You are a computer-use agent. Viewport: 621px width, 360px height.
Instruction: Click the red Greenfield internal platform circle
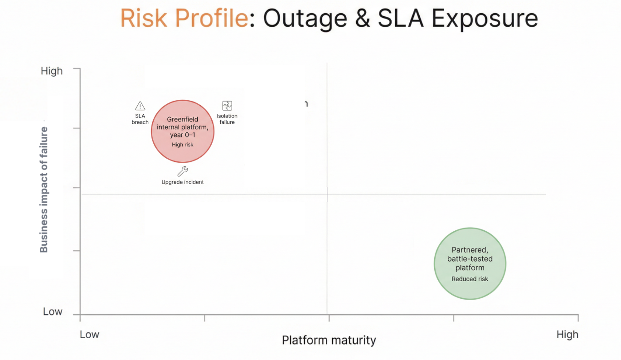point(182,131)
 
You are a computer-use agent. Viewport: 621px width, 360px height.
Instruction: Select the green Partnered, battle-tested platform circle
point(470,263)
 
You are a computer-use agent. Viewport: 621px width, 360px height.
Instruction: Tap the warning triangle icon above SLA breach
point(140,106)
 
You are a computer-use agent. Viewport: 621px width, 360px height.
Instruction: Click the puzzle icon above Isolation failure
point(227,106)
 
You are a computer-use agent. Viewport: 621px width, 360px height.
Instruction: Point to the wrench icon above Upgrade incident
point(183,171)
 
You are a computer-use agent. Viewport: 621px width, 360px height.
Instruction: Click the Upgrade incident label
point(183,182)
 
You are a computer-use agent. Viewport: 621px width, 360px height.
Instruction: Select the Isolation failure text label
point(227,119)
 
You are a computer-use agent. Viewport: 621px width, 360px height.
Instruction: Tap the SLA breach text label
point(140,119)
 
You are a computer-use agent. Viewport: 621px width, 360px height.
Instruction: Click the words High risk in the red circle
point(183,145)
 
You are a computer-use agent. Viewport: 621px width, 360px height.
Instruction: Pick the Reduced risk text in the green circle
point(470,279)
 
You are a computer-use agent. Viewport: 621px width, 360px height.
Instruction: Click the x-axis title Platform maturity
point(329,340)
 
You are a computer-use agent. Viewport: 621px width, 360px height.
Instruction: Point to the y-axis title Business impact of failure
point(44,190)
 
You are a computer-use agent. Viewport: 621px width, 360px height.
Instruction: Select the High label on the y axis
point(52,71)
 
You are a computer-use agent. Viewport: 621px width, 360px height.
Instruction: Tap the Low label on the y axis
point(53,311)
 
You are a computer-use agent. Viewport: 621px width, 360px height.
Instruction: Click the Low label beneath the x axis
point(89,335)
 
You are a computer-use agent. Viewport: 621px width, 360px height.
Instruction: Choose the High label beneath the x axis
point(567,335)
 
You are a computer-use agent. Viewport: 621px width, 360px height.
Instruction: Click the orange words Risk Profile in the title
point(184,19)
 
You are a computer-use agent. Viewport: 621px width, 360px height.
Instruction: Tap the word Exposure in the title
point(485,19)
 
